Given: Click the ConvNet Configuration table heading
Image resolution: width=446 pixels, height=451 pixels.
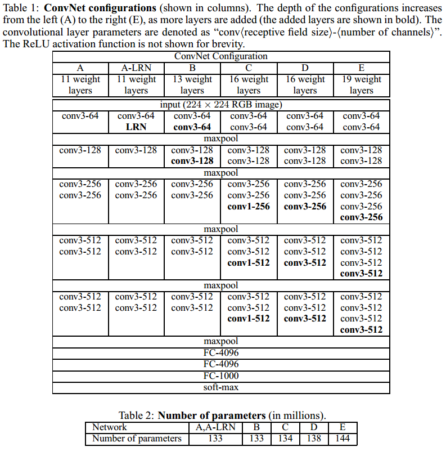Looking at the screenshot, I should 220,56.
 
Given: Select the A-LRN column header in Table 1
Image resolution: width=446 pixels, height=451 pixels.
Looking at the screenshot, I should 136,68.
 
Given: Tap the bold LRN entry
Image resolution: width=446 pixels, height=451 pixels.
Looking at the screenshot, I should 136,127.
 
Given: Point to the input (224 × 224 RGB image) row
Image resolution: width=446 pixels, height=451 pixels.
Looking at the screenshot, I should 220,105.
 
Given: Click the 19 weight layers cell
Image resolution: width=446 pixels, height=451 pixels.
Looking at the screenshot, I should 361,84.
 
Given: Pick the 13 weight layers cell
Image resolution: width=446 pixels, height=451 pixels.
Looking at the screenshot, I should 192,84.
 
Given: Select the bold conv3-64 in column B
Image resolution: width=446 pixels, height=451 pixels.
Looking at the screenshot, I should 192,127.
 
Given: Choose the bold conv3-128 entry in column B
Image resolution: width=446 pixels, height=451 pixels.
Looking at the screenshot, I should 192,161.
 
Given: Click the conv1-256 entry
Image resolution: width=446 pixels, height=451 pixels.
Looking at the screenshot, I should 249,206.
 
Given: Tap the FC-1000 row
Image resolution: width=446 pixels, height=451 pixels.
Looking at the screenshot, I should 220,376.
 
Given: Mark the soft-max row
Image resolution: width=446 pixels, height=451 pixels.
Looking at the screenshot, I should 220,387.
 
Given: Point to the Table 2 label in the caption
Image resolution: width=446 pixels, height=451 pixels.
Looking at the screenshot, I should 137,416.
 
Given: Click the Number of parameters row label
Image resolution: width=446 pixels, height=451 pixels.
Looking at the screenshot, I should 137,439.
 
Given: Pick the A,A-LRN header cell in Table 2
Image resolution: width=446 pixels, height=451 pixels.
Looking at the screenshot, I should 215,427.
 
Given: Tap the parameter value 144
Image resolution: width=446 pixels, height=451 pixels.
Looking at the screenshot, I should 343,439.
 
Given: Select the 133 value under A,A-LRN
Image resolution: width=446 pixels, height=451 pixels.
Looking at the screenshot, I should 215,439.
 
